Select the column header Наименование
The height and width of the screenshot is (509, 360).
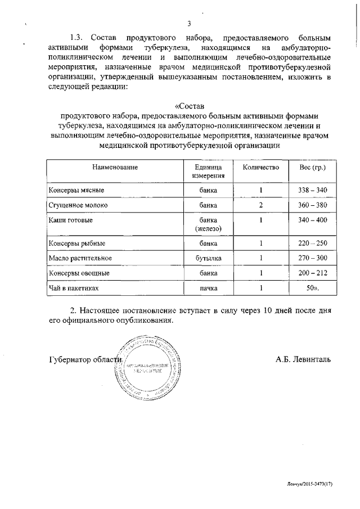pyautogui.click(x=115, y=168)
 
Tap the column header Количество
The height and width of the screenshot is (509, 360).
pyautogui.click(x=261, y=168)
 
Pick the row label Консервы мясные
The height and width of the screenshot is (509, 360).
pyautogui.click(x=76, y=190)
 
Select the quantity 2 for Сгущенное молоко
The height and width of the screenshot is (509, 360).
pyautogui.click(x=261, y=205)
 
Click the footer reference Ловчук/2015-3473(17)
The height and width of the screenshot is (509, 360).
pyautogui.click(x=308, y=483)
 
